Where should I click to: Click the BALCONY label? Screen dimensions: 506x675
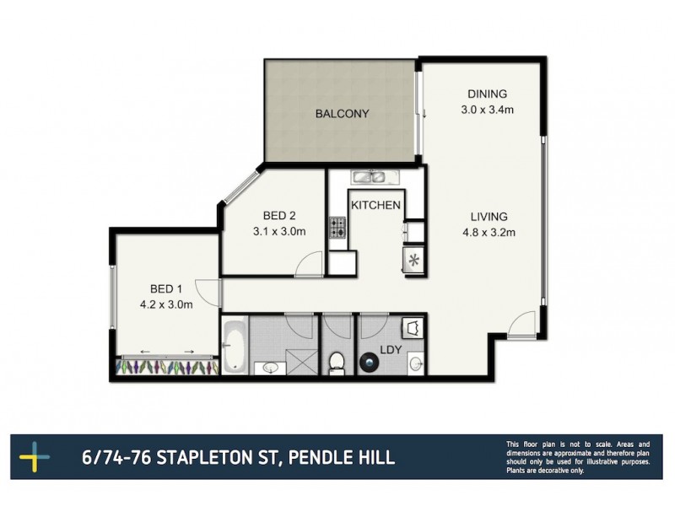(x=343, y=114)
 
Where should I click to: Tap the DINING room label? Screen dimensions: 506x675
(x=489, y=94)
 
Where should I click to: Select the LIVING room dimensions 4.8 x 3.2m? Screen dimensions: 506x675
(x=488, y=233)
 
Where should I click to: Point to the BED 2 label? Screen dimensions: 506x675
(x=278, y=216)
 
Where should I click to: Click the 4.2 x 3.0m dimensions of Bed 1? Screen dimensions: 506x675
(x=166, y=305)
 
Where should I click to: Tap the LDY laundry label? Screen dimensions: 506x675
(x=390, y=348)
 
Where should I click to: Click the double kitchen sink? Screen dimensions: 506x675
(x=369, y=177)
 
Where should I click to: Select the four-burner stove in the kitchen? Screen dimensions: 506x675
(x=338, y=226)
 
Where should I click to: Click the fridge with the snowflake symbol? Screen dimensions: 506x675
(x=413, y=260)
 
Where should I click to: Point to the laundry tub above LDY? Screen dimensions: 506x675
(x=412, y=327)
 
